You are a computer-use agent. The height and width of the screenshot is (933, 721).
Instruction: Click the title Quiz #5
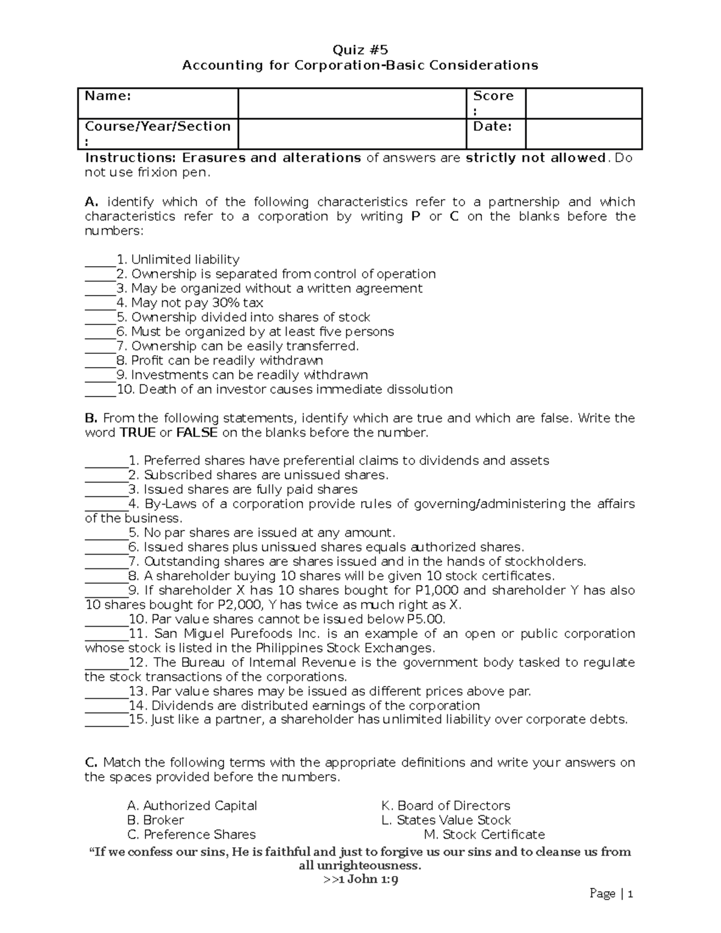(360, 50)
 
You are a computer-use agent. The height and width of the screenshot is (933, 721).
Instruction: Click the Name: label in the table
(108, 96)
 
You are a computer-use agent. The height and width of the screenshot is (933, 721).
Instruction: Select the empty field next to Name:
(352, 103)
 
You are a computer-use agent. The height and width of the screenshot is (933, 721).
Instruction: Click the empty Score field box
(583, 103)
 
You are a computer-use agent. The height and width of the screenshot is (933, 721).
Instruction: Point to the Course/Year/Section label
(157, 127)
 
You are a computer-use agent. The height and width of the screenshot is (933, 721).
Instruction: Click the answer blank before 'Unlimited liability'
(100, 261)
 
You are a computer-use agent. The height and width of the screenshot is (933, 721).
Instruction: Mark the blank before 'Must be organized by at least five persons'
(100, 333)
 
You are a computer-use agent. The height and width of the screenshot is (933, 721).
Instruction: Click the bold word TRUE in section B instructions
(138, 433)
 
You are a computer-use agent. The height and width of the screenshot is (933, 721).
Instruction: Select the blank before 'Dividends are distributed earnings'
(106, 707)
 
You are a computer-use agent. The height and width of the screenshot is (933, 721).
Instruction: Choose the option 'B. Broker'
(156, 820)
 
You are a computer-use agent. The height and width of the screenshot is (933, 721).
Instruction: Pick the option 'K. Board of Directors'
(445, 806)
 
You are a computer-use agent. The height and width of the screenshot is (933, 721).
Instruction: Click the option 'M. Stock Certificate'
(484, 834)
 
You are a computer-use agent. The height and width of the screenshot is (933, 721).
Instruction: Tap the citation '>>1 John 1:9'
(360, 880)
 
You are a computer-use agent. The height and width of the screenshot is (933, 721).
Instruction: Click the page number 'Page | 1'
(611, 894)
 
